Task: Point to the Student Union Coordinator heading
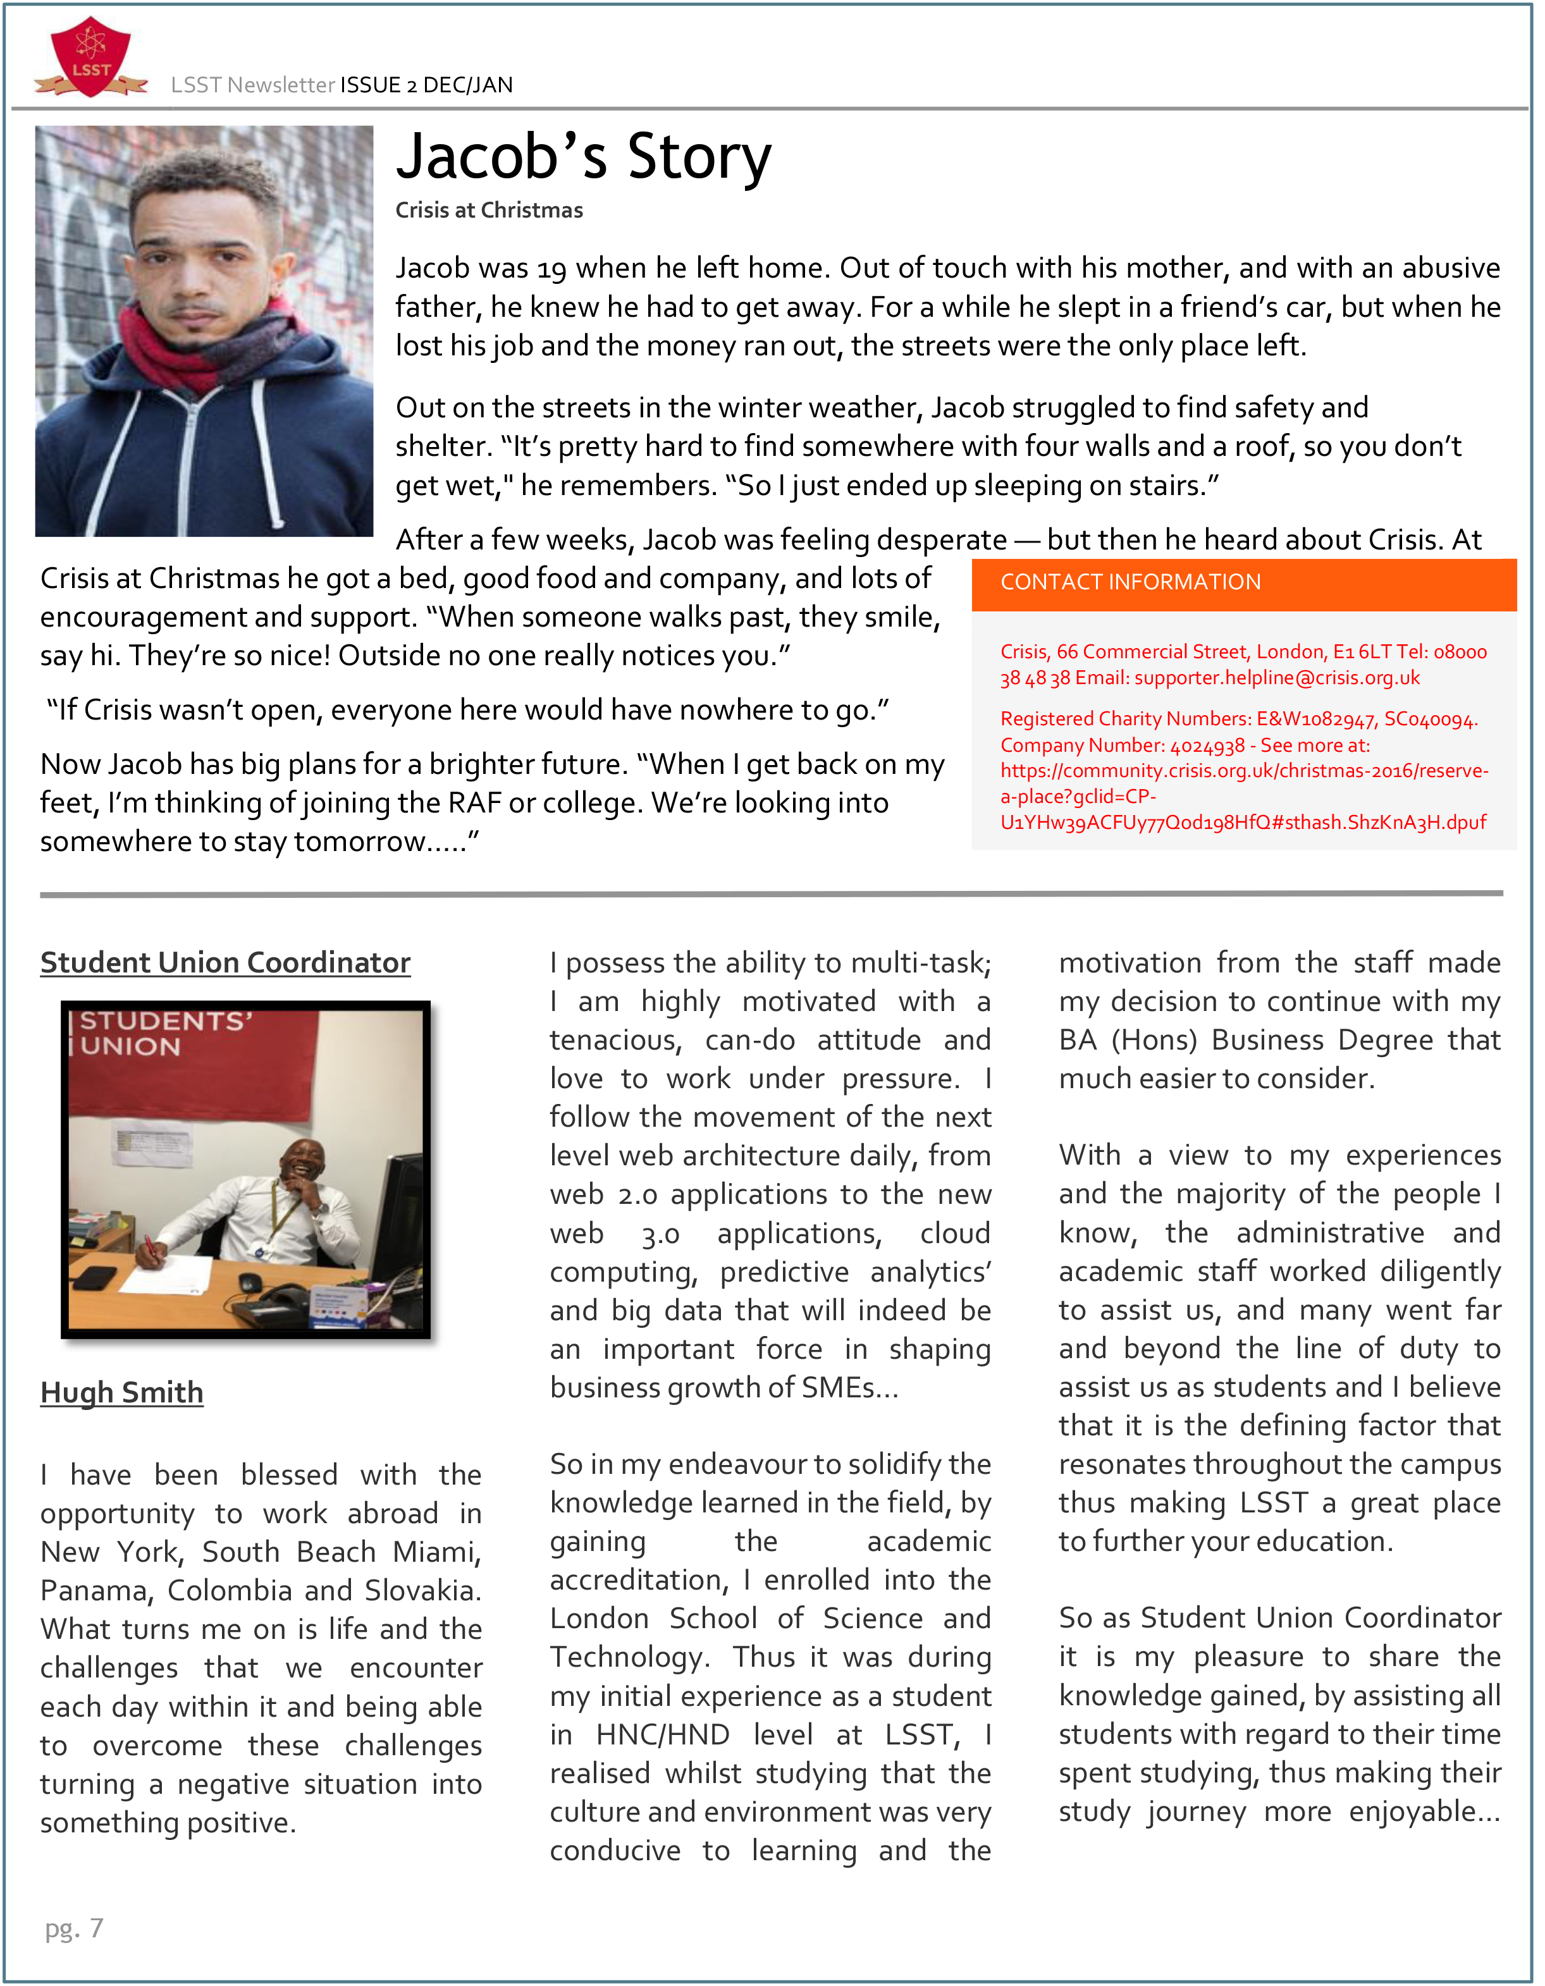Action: [226, 962]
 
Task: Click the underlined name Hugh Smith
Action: [122, 1392]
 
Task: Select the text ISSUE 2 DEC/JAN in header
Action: [426, 85]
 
